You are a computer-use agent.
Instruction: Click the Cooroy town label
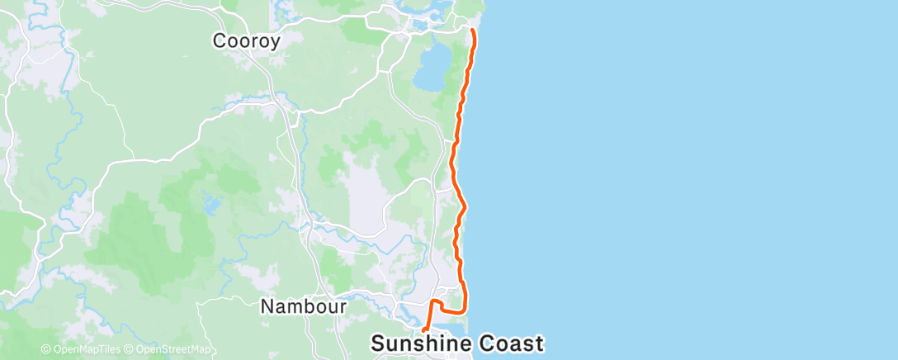247,40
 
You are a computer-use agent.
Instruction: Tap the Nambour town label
303,306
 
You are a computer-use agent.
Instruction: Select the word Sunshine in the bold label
423,343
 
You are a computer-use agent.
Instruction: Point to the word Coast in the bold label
513,343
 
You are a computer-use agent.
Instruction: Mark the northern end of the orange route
472,31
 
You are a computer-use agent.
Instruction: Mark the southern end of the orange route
423,330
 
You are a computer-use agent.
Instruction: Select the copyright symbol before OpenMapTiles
45,349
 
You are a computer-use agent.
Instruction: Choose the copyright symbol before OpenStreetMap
128,349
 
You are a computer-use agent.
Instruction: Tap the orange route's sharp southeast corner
466,310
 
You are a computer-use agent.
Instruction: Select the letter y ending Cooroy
275,41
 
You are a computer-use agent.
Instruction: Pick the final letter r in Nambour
342,307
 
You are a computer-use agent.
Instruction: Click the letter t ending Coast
540,343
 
